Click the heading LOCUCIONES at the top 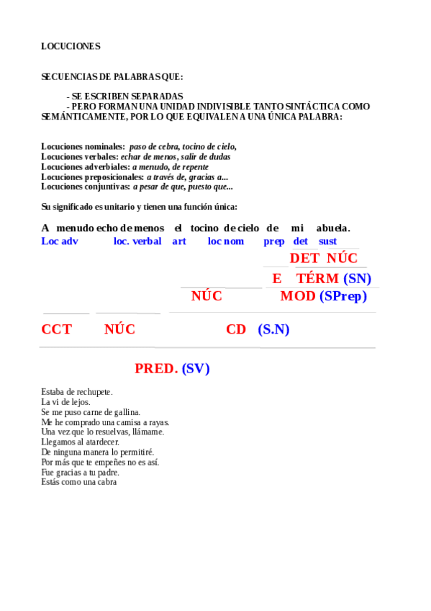71,46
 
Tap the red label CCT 56,329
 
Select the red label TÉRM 317,278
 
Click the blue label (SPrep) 343,296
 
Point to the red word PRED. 156,368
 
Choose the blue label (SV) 196,368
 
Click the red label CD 236,329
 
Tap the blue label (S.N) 273,329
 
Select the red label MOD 297,296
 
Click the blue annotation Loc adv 60,241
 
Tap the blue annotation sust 327,241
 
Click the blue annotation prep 274,241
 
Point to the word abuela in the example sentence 333,228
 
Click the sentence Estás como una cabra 79,482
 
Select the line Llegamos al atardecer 81,442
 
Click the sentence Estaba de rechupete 77,391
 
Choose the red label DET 304,258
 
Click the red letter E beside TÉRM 277,278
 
